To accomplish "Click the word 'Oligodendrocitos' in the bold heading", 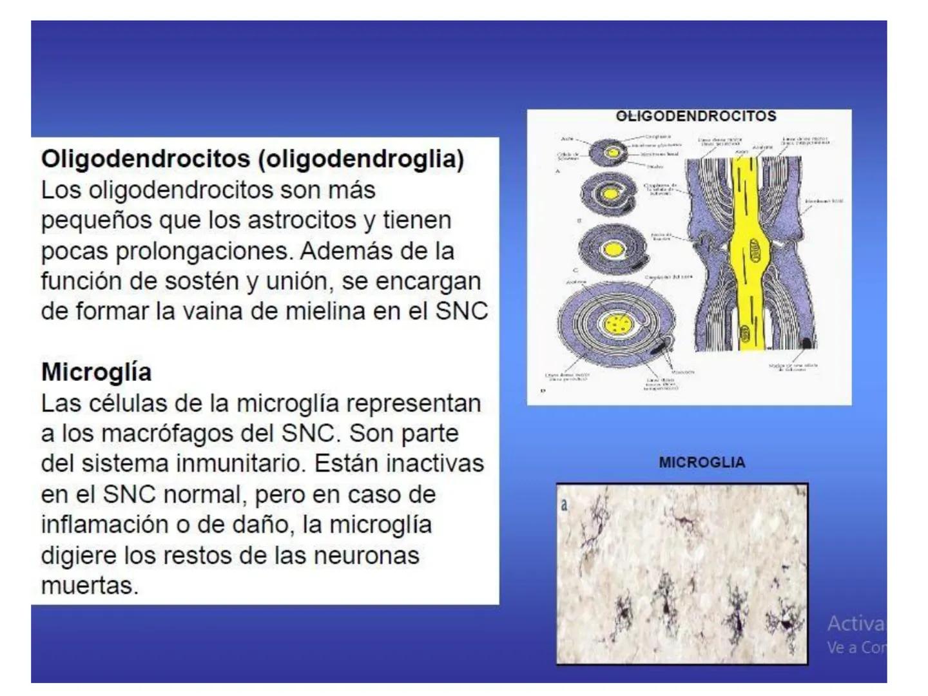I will pos(146,159).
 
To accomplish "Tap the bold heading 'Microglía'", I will pos(97,372).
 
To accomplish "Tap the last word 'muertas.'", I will pos(90,586).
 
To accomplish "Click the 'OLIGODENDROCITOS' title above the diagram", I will pos(696,117).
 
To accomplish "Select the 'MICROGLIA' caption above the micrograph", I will pos(702,463).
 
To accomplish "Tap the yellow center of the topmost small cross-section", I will pos(613,153).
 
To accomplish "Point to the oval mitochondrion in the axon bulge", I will pos(754,248).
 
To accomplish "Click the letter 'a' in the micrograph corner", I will pos(565,505).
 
